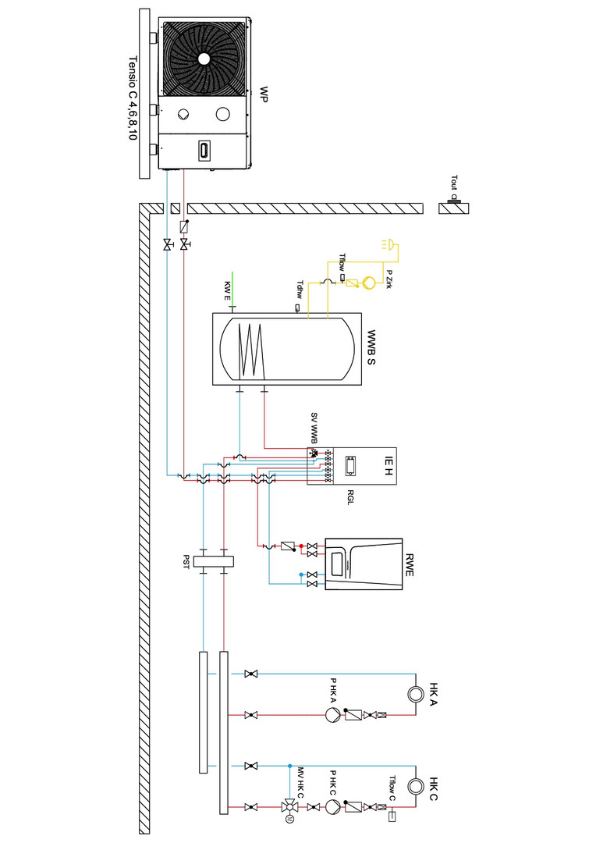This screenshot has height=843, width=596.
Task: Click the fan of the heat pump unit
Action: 204,58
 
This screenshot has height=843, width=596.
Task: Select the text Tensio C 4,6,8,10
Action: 133,98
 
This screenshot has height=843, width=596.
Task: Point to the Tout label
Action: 453,183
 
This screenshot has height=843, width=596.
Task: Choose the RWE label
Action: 410,564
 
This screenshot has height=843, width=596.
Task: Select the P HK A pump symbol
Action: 331,714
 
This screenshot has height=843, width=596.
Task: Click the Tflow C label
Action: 393,788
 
